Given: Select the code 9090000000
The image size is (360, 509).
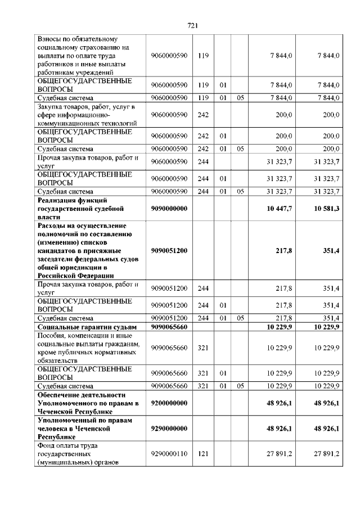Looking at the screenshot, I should (x=169, y=209).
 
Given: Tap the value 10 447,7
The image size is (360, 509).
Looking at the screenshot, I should (x=279, y=209).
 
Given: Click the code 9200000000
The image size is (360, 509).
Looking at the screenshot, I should (x=169, y=403).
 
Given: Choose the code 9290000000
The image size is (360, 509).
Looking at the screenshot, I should (x=169, y=429).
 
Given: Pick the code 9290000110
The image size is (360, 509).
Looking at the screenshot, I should (x=169, y=453).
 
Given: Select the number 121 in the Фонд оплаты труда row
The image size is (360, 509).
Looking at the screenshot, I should (x=203, y=453).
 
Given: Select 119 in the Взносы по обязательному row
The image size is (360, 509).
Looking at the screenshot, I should (x=203, y=55).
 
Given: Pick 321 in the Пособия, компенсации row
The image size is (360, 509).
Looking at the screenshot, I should (x=203, y=348).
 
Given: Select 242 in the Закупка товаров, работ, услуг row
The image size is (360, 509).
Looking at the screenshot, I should (x=203, y=115).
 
